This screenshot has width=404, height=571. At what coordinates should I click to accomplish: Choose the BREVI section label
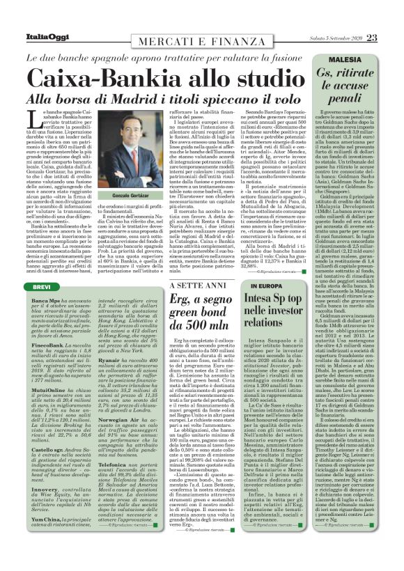point(45,287)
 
